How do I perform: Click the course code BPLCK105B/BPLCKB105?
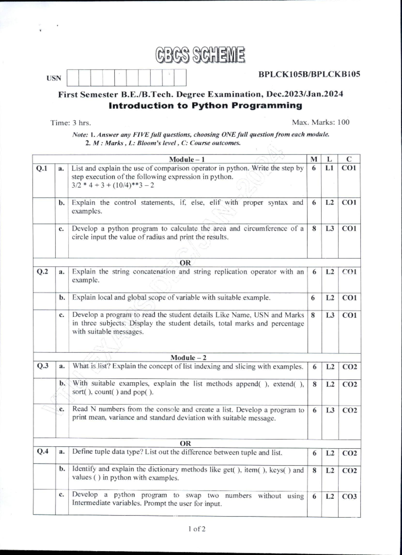click(309, 74)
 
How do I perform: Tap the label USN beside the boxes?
click(54, 78)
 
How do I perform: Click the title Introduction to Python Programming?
click(205, 105)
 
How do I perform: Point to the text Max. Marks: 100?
click(320, 122)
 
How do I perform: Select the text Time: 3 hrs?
click(71, 123)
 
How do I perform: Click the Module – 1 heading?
click(187, 159)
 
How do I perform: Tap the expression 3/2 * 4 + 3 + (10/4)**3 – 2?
click(113, 185)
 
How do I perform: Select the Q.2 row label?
click(43, 271)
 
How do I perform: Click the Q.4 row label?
click(43, 452)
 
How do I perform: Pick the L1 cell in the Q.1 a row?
click(329, 168)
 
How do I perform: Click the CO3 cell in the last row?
click(349, 496)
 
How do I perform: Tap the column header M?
click(314, 159)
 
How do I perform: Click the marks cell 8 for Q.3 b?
click(314, 384)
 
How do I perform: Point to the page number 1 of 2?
click(197, 529)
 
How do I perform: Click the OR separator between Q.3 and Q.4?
click(185, 443)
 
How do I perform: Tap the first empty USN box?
click(73, 78)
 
